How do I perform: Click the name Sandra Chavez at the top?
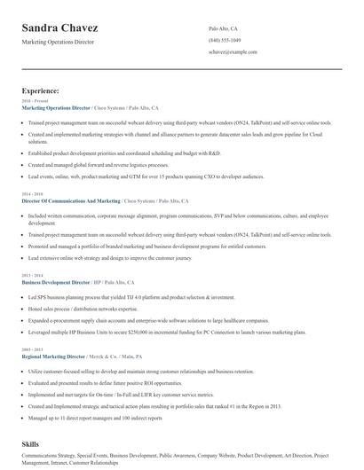[60, 28]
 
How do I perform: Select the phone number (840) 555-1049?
[225, 40]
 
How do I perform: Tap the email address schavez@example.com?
[233, 51]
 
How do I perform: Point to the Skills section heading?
[31, 442]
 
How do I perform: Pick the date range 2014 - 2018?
[31, 194]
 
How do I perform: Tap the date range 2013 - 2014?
[31, 275]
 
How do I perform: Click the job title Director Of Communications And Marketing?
[71, 200]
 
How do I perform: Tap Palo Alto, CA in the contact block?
[223, 28]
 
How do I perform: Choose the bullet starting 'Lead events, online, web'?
[133, 176]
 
